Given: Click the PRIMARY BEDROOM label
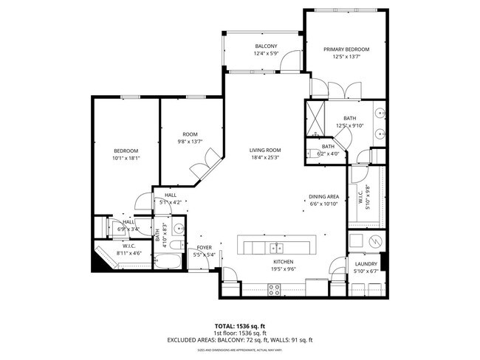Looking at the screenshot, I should coord(346,49).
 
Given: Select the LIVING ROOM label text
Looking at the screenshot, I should coord(264,150).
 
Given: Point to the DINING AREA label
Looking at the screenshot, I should coord(323,196).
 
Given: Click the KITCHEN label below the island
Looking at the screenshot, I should coord(284,262).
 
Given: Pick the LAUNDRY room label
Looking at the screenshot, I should coord(366,263).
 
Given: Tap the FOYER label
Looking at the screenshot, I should coord(203,247).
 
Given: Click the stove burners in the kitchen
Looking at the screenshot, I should coord(273,289).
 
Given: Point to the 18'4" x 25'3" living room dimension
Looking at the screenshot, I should coord(264,158).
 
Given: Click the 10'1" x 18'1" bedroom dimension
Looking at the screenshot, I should coord(126,158).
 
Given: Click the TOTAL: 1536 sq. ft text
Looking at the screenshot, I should coord(240,325).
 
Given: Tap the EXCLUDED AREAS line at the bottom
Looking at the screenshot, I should coord(240,340).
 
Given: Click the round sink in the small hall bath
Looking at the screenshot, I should coord(177,228).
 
